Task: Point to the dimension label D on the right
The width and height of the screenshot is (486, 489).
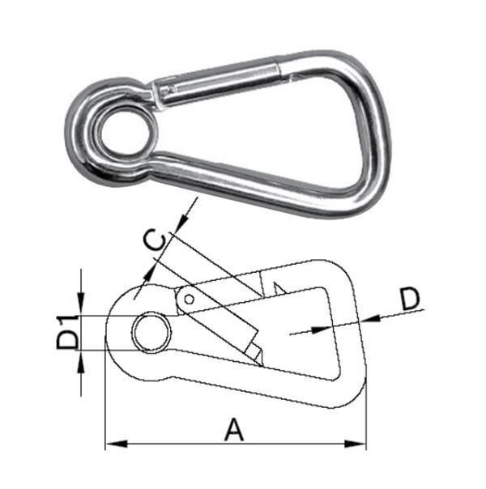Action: (411, 299)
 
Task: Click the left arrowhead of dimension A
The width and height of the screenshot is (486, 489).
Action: (112, 444)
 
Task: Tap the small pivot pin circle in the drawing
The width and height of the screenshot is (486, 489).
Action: (189, 299)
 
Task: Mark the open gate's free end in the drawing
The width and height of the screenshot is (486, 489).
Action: (254, 351)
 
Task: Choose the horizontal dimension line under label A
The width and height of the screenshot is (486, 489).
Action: (235, 444)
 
